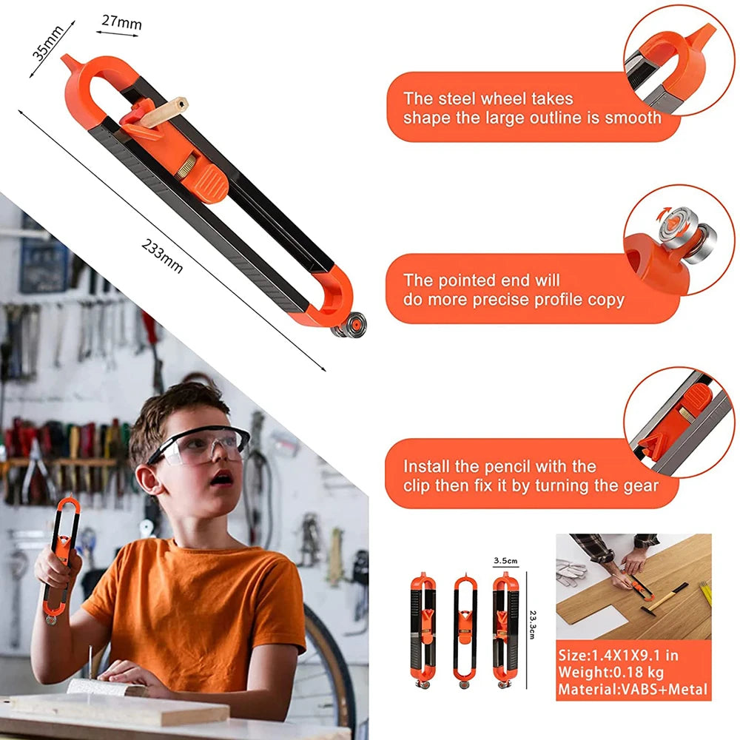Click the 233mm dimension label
(162, 255)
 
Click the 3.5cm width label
(505, 561)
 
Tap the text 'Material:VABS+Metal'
(633, 690)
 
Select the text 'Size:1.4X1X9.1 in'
(618, 655)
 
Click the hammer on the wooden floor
(666, 596)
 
